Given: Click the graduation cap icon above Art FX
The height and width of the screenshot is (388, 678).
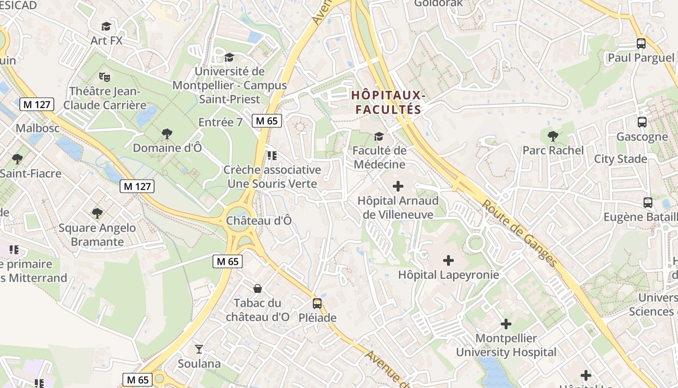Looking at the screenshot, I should (x=106, y=26).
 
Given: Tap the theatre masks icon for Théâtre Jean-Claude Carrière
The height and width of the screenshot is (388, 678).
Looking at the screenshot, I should (x=104, y=76).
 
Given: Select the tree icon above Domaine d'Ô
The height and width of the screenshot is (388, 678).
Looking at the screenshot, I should (x=167, y=133).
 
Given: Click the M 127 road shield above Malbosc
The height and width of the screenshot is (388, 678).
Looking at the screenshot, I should (x=37, y=104).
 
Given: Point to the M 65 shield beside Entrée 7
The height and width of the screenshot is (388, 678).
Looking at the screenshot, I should (x=267, y=121).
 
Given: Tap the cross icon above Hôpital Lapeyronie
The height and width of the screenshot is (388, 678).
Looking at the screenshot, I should (x=448, y=260).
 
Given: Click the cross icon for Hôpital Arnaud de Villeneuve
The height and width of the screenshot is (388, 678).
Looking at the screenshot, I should (x=398, y=186).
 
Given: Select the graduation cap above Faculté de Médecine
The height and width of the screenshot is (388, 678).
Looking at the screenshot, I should (x=379, y=136).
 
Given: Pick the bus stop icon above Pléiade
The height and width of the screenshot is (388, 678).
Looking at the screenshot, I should (x=317, y=304).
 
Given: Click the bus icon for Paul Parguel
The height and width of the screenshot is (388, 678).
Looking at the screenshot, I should (x=641, y=43).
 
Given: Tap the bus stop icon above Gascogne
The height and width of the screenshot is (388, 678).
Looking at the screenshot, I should (x=642, y=122).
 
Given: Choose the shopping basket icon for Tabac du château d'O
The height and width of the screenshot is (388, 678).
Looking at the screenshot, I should (x=258, y=289).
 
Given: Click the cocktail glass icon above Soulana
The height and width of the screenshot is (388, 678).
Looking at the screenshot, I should (x=199, y=349).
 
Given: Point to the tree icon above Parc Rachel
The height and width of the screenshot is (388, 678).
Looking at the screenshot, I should (x=553, y=136).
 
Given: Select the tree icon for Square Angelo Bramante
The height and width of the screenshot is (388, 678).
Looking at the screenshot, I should (x=97, y=213).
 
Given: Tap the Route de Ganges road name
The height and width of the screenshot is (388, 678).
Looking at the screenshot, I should (x=519, y=233).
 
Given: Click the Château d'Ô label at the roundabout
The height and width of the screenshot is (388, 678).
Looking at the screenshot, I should (x=259, y=221).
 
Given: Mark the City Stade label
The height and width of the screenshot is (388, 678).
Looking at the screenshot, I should (x=620, y=159).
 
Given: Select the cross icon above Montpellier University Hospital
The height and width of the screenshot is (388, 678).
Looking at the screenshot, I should (x=506, y=323).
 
